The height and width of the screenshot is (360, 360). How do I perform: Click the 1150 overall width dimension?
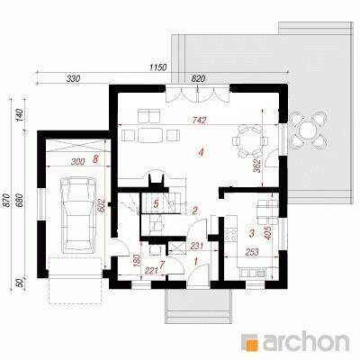158,67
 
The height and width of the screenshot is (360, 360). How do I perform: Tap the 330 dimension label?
73,78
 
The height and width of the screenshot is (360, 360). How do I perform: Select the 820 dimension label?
198,78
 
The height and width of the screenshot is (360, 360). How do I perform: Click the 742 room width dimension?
200,121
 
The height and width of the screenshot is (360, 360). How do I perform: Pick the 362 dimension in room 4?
256,166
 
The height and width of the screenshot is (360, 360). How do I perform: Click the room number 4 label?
201,153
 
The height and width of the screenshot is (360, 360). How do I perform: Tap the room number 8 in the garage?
95,159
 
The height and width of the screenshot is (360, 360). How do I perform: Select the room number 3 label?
251,233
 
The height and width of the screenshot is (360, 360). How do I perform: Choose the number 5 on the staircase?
156,204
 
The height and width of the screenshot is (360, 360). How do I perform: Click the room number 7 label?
162,265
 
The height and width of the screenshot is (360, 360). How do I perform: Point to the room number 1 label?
196,262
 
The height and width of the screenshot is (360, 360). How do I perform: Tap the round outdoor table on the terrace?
308,130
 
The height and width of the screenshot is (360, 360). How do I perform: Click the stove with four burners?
230,234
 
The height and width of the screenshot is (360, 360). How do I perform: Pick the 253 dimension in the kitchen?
252,252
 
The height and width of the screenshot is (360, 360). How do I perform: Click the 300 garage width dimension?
77,161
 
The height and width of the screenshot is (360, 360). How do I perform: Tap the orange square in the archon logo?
250,341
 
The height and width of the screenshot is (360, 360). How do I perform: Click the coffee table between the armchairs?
149,135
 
